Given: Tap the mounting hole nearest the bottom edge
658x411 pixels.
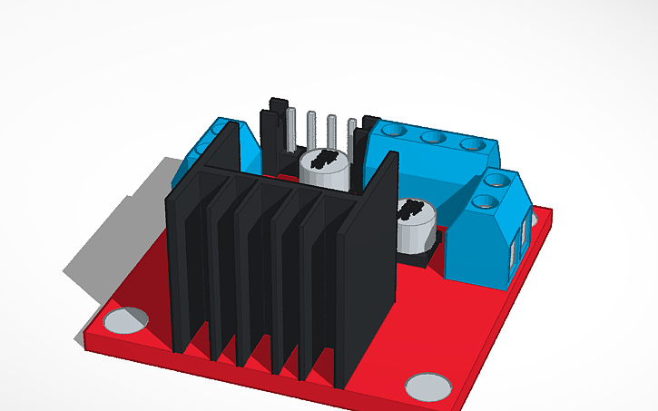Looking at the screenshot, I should coord(427,385).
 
